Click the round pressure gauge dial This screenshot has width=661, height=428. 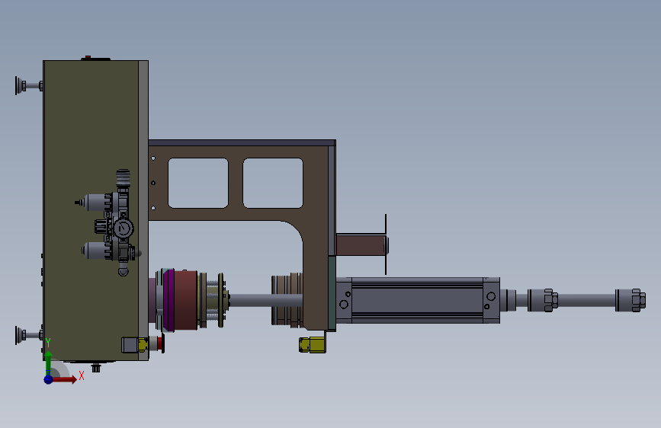point(123,228)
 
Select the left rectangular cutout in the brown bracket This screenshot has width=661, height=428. point(198,183)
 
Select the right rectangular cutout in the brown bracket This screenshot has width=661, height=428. point(273,183)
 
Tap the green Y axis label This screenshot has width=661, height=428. point(48,343)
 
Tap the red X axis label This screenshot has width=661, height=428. point(82,375)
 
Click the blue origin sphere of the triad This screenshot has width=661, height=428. point(49,379)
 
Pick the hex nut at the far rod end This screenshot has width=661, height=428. point(639,300)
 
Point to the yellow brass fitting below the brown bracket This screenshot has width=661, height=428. point(312,345)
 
